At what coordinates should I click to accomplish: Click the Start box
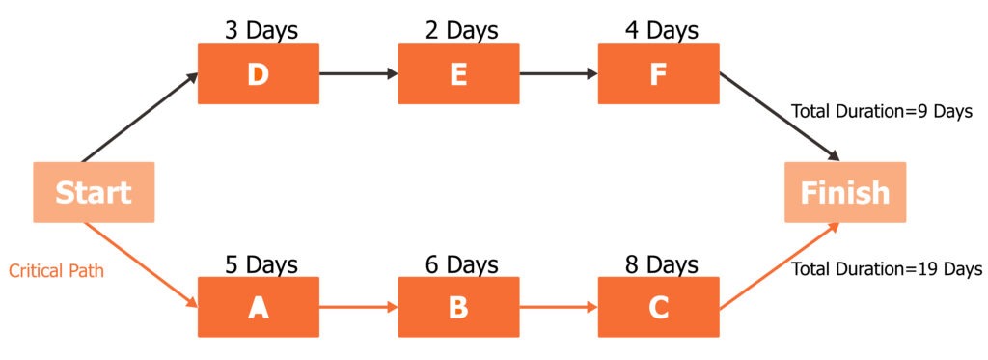pos(94,192)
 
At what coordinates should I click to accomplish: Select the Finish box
pos(844,192)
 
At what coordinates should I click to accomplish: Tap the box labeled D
pos(258,74)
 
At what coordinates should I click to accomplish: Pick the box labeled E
pos(458,74)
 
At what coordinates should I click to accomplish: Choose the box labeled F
pos(658,74)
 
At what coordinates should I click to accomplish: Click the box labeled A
pos(258,307)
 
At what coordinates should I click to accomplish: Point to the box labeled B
pos(458,307)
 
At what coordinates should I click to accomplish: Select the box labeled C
pos(658,307)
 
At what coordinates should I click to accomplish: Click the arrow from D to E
pos(358,73)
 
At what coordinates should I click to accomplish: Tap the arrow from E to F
pos(559,73)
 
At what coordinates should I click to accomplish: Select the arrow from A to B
pos(358,307)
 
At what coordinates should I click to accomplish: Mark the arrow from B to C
pos(559,307)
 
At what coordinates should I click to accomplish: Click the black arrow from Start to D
pos(141,117)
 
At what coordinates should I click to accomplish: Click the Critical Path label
pos(56,271)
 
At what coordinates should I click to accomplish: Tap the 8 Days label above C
pos(658,263)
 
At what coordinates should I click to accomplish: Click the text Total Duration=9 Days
pos(887,111)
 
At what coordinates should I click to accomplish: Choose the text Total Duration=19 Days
pos(887,268)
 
